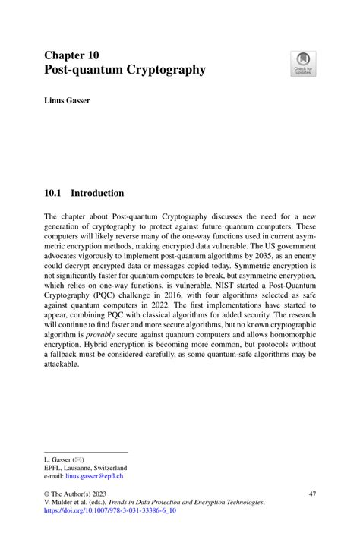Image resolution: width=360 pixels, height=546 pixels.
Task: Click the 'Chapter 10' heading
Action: pos(71,55)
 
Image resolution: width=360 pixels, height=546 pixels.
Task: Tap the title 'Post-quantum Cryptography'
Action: pos(125,70)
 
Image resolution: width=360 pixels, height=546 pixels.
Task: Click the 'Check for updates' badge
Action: pos(305,64)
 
